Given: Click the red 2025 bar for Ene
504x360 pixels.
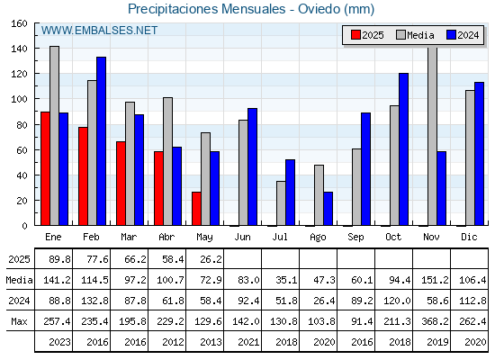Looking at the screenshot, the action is point(45,169).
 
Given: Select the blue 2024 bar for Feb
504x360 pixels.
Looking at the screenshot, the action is point(101,141).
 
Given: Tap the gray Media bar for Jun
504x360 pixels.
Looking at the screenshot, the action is point(243,173).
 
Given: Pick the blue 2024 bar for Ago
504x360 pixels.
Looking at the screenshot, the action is point(328,209).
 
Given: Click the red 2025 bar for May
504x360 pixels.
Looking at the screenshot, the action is point(196,209).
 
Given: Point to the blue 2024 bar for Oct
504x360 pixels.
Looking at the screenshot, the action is point(404,149).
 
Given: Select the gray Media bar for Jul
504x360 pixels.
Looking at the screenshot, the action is point(281,203).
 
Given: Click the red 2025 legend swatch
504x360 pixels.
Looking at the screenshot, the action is point(355,35).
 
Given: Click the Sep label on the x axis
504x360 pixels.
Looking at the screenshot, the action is point(355,237).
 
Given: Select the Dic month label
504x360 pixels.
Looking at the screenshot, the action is point(469,237).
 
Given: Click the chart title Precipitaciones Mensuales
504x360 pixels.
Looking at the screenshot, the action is point(207,9).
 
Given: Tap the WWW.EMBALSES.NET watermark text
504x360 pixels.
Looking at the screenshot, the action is point(99,31).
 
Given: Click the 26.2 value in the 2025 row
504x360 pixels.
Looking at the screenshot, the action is point(211,259).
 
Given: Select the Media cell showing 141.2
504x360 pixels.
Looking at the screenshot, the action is point(57,280).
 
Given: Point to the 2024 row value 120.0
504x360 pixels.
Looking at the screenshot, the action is point(397,301).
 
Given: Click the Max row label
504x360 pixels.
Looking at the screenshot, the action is point(19,321).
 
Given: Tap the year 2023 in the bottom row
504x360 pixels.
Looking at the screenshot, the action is point(59,342).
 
